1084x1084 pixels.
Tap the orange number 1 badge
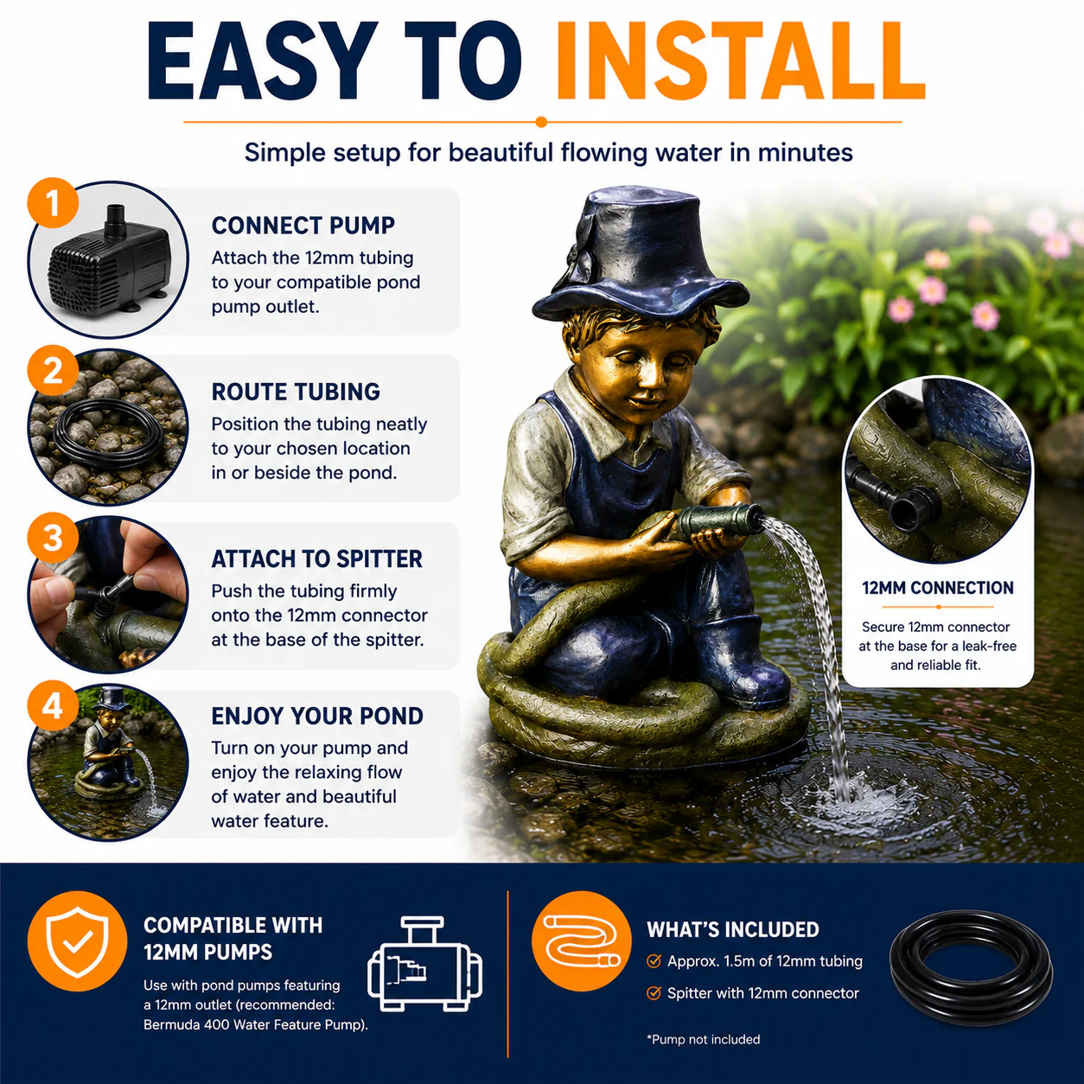pos(53,203)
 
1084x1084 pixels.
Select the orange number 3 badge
pos(53,538)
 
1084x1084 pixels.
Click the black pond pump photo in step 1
pos(110,257)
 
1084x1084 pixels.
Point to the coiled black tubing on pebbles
pos(108,435)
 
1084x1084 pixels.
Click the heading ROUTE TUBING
pos(296,392)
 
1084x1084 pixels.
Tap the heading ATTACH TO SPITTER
pos(316,559)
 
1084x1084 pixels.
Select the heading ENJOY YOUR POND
pos(317,716)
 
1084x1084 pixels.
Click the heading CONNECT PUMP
pos(303,226)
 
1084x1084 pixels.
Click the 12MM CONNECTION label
pos(938,588)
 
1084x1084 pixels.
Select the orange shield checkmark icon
pos(77,941)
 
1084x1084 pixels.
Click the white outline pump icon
pos(424,965)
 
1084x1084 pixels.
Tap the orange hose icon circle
pos(582,941)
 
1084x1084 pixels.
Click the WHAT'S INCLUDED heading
pos(733,930)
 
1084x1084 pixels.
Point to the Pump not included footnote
pos(703,1040)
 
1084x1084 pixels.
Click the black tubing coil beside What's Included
pos(972,967)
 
